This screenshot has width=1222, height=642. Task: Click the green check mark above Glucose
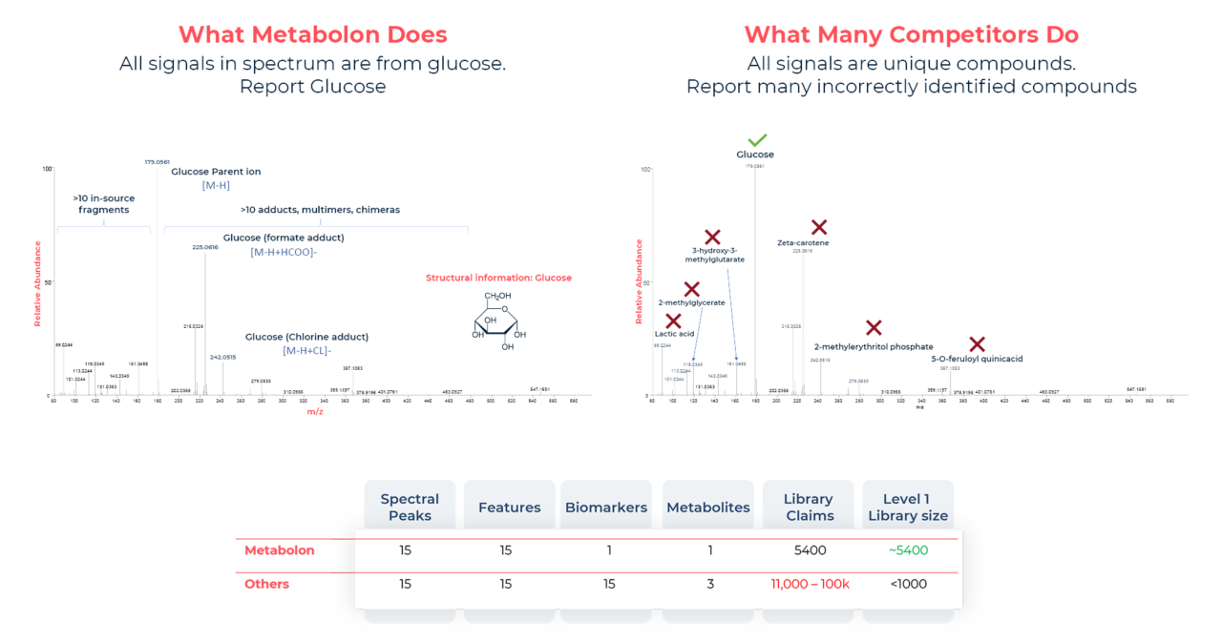pyautogui.click(x=757, y=140)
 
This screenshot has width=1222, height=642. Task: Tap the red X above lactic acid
pyautogui.click(x=674, y=321)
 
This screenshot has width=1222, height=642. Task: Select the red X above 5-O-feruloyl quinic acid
pyautogui.click(x=977, y=344)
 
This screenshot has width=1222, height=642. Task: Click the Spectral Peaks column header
pyautogui.click(x=410, y=507)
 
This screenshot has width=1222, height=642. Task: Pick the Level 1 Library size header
pyautogui.click(x=908, y=507)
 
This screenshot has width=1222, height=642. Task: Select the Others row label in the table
pyautogui.click(x=266, y=584)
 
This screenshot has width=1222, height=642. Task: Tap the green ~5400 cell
pyautogui.click(x=908, y=550)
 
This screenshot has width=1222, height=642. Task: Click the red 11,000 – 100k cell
pyautogui.click(x=810, y=584)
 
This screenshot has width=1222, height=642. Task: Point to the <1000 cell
pyautogui.click(x=908, y=584)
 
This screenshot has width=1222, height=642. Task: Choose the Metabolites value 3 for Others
pyautogui.click(x=709, y=584)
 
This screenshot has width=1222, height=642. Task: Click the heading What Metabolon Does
pyautogui.click(x=312, y=35)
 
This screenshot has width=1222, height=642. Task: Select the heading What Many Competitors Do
pyautogui.click(x=911, y=35)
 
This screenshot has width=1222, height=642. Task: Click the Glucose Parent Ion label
pyautogui.click(x=216, y=172)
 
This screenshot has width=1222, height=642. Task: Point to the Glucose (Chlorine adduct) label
pyautogui.click(x=306, y=337)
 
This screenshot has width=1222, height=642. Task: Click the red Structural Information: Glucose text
pyautogui.click(x=497, y=278)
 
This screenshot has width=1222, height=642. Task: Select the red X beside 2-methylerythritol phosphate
pyautogui.click(x=873, y=327)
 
